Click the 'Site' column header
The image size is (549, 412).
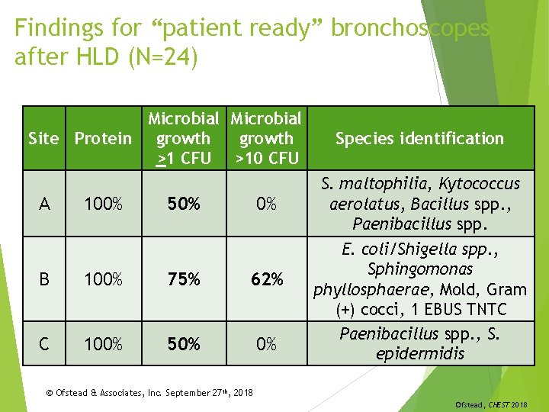click(43, 138)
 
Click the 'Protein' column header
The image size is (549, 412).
click(103, 138)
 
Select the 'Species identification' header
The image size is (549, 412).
click(419, 138)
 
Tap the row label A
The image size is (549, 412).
click(44, 204)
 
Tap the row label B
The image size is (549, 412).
click(44, 279)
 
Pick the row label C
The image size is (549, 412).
click(44, 344)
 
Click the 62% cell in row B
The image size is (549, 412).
click(266, 279)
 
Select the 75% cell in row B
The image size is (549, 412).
click(184, 279)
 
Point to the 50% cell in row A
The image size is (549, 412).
click(184, 204)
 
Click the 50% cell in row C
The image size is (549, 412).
click(184, 344)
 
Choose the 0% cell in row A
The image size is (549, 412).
click(266, 204)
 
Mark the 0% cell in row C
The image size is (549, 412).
click(266, 344)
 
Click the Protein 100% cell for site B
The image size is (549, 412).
click(103, 279)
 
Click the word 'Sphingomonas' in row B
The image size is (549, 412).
click(420, 269)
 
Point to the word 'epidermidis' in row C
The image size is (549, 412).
click(420, 354)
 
